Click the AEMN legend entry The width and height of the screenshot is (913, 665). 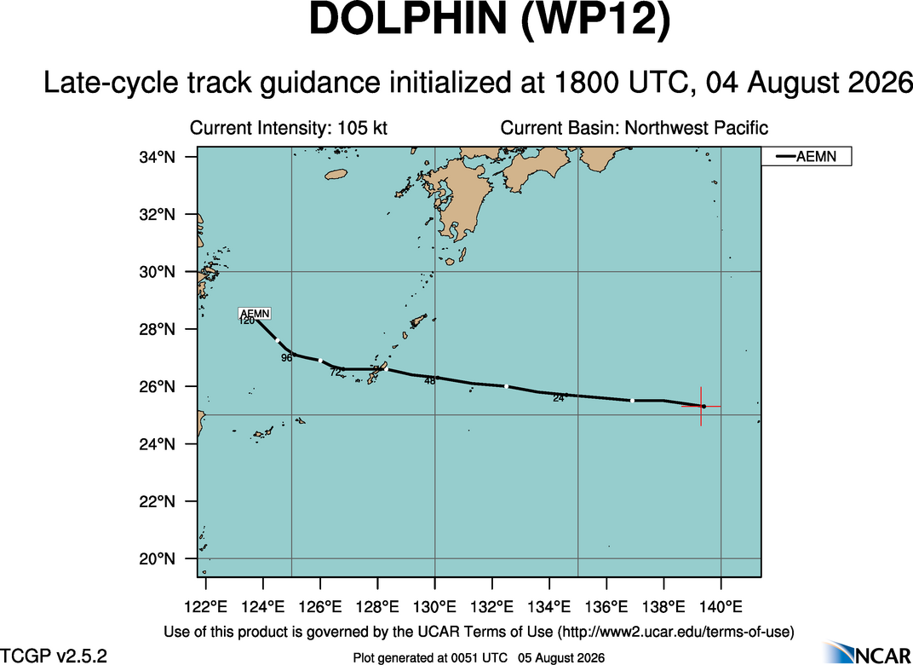(807, 156)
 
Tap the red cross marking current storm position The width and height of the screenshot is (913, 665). (701, 406)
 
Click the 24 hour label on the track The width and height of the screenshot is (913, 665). (559, 399)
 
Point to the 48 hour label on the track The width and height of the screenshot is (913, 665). (430, 381)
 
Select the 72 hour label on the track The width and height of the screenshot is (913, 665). (336, 373)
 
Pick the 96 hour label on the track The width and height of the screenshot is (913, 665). (286, 358)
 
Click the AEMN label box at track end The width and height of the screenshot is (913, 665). (255, 314)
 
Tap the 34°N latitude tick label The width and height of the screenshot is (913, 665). (156, 158)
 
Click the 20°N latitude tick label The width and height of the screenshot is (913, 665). (156, 559)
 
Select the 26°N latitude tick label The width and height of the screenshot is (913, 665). (156, 387)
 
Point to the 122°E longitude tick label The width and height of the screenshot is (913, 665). (205, 607)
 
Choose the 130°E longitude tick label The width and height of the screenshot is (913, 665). (435, 607)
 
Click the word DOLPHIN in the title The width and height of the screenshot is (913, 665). (407, 20)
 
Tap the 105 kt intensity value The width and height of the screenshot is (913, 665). (362, 128)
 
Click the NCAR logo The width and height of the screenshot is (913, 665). (868, 652)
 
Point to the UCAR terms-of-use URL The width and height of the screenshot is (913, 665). (675, 632)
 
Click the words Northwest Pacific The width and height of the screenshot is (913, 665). (697, 128)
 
